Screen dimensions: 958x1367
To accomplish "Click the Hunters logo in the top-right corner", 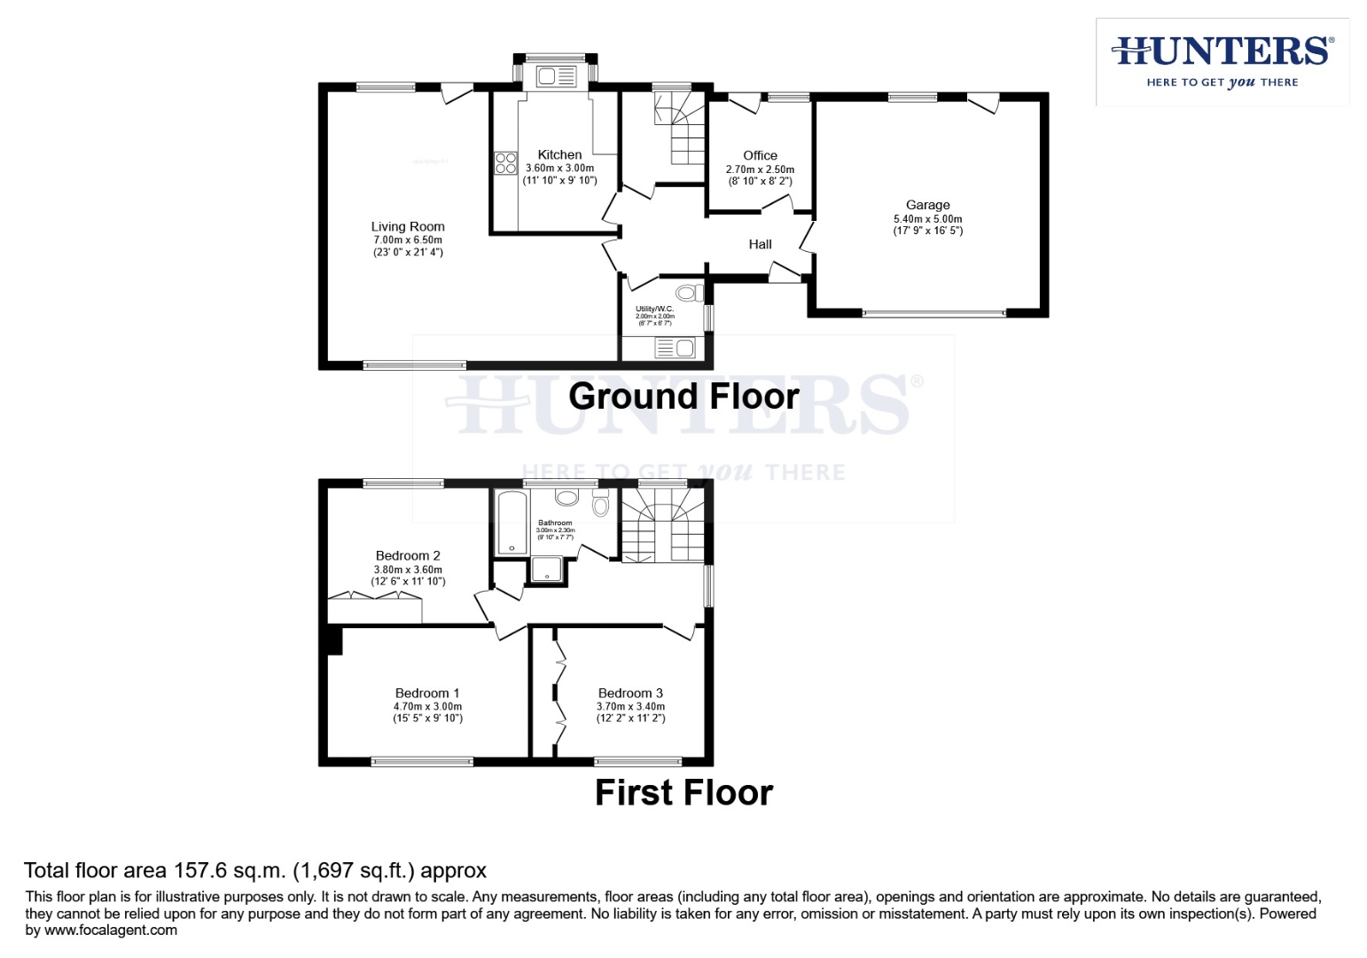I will (x=1222, y=61).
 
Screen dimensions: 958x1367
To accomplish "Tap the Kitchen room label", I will (x=559, y=154).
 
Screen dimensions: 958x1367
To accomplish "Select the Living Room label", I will (x=408, y=227).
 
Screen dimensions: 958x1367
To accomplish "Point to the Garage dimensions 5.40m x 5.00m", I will (x=927, y=219).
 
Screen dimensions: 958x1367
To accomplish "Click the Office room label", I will (x=760, y=155).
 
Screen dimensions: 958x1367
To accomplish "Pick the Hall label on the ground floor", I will (x=760, y=245).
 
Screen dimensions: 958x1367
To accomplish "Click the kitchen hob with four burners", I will (x=505, y=163).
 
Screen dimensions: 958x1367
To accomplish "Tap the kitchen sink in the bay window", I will (x=556, y=77).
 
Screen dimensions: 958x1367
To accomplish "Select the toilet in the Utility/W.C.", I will (x=689, y=293).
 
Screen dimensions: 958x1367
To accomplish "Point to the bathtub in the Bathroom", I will (x=512, y=522).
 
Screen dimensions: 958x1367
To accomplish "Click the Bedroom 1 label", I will (x=427, y=694).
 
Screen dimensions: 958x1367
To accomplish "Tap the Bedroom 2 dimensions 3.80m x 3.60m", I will (x=408, y=569).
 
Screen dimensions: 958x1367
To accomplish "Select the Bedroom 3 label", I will (x=630, y=694).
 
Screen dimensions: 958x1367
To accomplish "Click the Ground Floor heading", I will (x=683, y=397).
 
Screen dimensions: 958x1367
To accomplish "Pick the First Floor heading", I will (x=683, y=793).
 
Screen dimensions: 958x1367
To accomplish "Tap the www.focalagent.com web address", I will (x=111, y=931).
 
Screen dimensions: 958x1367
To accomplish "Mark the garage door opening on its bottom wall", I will (x=933, y=313).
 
